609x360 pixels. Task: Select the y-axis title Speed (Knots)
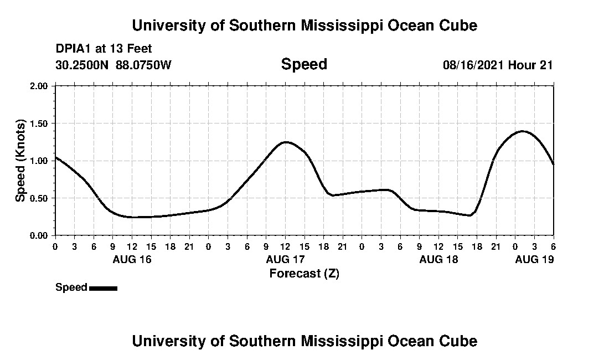[20, 161]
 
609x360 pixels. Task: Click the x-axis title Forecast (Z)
[304, 273]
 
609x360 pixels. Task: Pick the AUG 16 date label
[132, 259]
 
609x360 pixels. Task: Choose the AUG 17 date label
[285, 259]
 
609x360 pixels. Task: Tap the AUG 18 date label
[438, 259]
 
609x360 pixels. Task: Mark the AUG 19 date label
[534, 259]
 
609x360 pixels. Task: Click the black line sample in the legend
[103, 288]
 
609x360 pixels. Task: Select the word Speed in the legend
[71, 287]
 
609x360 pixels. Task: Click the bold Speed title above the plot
[304, 64]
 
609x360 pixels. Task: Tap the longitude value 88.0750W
[143, 65]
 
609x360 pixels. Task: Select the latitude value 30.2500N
[82, 65]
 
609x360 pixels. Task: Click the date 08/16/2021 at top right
[473, 65]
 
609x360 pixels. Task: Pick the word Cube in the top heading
[457, 25]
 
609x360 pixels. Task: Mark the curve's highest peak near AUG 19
[522, 131]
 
